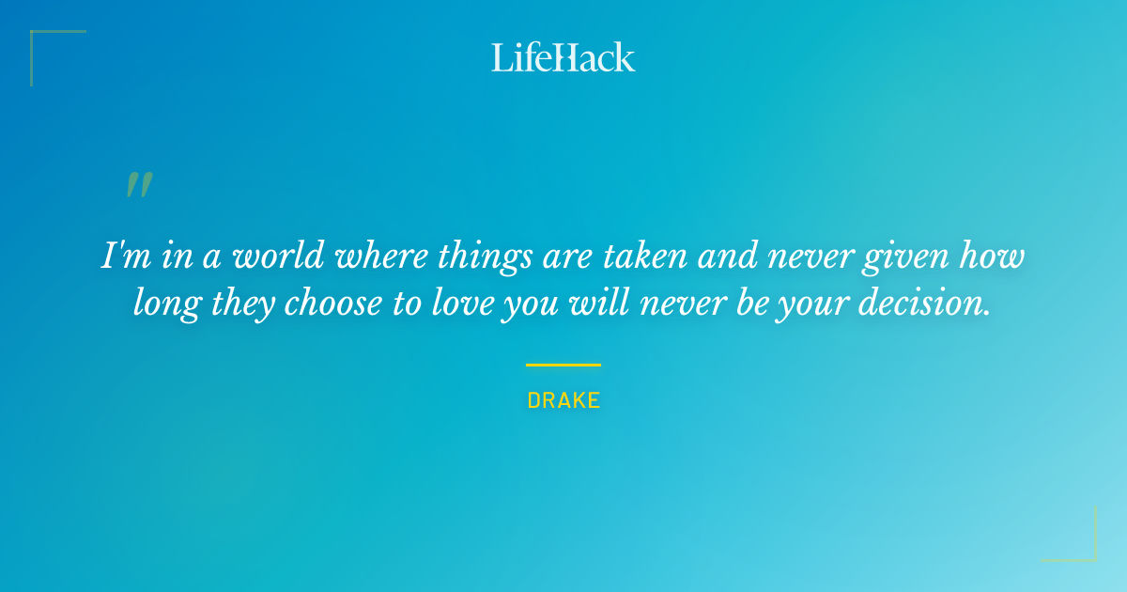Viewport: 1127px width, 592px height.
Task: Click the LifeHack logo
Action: (x=563, y=57)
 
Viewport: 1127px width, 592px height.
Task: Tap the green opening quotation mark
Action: (x=139, y=185)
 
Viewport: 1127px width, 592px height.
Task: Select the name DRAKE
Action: (x=563, y=400)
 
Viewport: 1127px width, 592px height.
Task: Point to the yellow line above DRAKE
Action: (x=563, y=365)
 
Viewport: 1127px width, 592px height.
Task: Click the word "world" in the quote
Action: (x=274, y=257)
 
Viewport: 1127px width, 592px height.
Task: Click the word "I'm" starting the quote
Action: (x=119, y=257)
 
